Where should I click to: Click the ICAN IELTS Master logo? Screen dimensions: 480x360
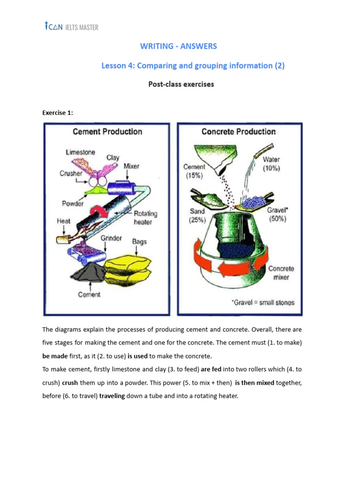71,27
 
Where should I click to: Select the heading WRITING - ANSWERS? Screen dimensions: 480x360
179,46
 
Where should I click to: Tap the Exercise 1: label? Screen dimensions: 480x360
58,113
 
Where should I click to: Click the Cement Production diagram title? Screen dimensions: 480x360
107,132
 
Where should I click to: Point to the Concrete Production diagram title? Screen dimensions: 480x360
239,132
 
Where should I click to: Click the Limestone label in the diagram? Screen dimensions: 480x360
81,152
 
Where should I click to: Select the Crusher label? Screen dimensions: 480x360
71,173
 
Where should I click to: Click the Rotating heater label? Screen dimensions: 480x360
145,217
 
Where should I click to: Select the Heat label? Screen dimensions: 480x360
64,220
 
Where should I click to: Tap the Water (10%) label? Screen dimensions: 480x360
271,164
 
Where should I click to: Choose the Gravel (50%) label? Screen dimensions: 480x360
277,214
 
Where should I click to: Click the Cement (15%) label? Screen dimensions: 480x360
194,171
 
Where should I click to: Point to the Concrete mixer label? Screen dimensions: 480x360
281,273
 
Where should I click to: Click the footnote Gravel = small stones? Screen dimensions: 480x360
263,302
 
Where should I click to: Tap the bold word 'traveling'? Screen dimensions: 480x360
112,396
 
